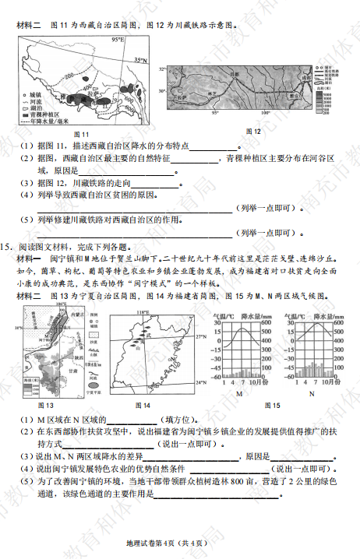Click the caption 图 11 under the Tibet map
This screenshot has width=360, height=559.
pyautogui.click(x=86, y=134)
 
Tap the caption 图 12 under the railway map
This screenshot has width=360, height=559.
pyautogui.click(x=252, y=129)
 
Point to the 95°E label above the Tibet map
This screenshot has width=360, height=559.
pyautogui.click(x=118, y=39)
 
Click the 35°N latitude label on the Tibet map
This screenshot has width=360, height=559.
pyautogui.click(x=138, y=59)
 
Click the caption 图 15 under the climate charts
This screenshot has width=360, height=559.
pyautogui.click(x=272, y=406)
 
